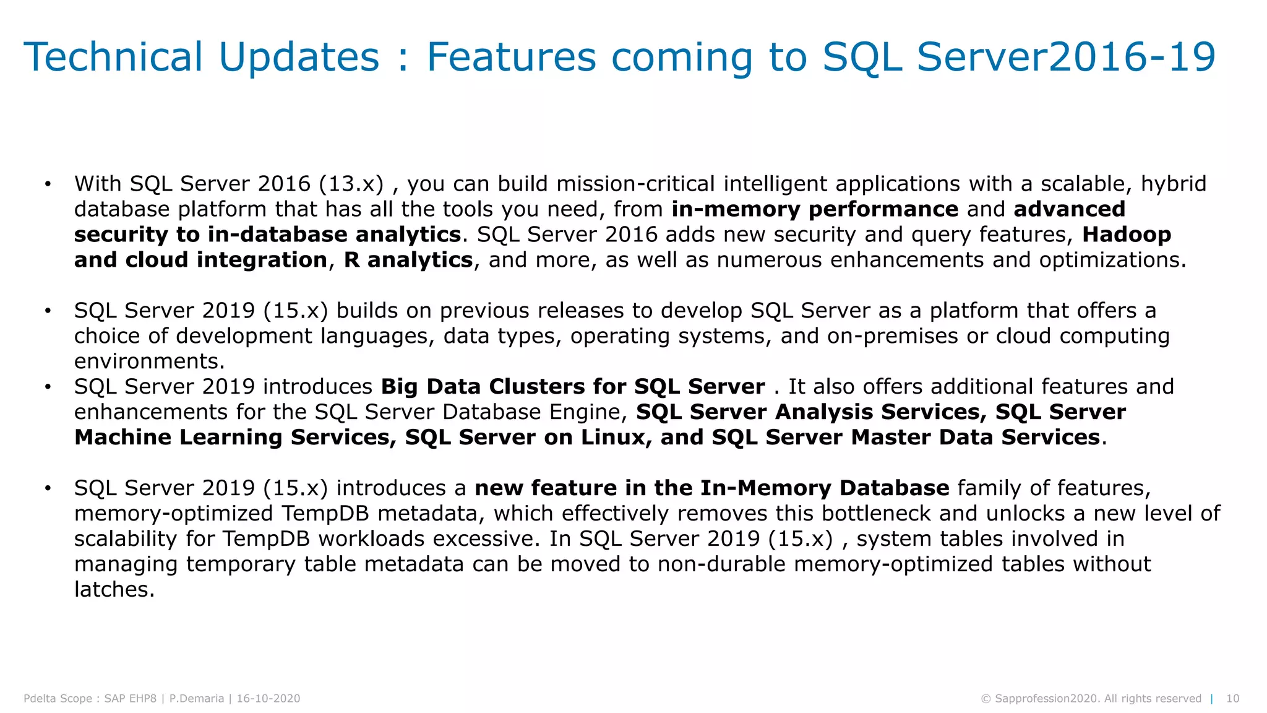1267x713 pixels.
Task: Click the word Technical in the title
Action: pos(113,57)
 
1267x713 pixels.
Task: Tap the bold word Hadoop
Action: pos(1127,235)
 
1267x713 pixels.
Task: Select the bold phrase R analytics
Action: pos(408,260)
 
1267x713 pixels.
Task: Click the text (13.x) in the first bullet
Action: pos(351,184)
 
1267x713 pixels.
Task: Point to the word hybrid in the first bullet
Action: pos(1173,184)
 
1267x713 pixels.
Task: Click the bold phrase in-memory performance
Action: pos(815,209)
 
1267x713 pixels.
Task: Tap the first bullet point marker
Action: pos(48,184)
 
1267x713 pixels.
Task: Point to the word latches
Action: pos(113,590)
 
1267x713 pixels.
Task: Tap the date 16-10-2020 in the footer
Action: pos(268,699)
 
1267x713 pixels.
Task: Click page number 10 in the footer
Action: pos(1232,699)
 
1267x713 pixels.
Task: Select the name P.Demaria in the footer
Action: pos(197,699)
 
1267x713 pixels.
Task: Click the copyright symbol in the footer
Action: pos(986,699)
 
